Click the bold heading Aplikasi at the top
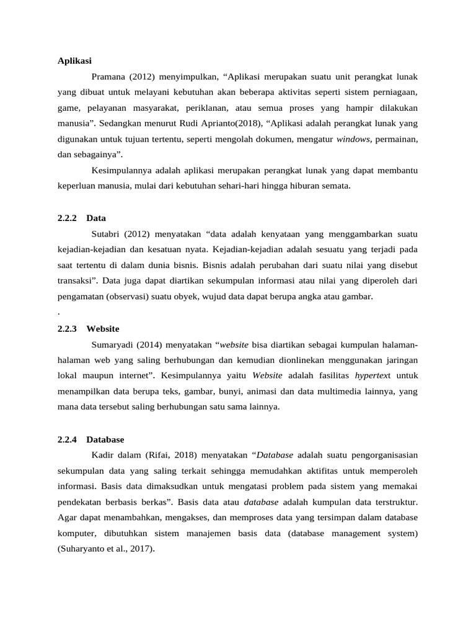(x=74, y=61)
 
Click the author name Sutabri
(x=105, y=234)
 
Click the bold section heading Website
(x=103, y=329)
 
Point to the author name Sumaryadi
(x=114, y=344)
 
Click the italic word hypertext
(x=372, y=375)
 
